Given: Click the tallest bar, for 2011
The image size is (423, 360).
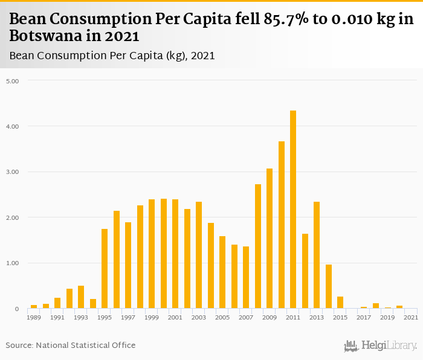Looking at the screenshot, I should (x=293, y=210).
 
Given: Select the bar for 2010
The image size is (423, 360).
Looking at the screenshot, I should (x=282, y=225).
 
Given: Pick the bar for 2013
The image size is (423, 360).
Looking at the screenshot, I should (x=317, y=255).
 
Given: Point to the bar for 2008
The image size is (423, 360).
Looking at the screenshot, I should (x=258, y=246).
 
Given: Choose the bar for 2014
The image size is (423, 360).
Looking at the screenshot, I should (x=329, y=286).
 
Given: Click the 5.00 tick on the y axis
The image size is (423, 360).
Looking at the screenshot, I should (x=13, y=80).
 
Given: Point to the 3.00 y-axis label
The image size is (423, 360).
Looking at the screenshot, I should (x=13, y=172).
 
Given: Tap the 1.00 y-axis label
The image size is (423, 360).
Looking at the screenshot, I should (x=13, y=263).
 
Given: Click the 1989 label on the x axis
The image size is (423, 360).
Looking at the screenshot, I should (x=34, y=317).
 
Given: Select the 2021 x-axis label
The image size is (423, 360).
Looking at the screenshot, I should (x=411, y=317).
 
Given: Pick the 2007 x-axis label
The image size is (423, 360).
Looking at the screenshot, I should (x=246, y=317).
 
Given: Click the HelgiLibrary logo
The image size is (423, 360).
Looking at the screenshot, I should (x=381, y=346).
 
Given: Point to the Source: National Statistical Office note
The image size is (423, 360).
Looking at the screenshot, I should (x=71, y=345).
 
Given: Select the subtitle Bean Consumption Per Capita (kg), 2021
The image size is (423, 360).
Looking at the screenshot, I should (x=112, y=56).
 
